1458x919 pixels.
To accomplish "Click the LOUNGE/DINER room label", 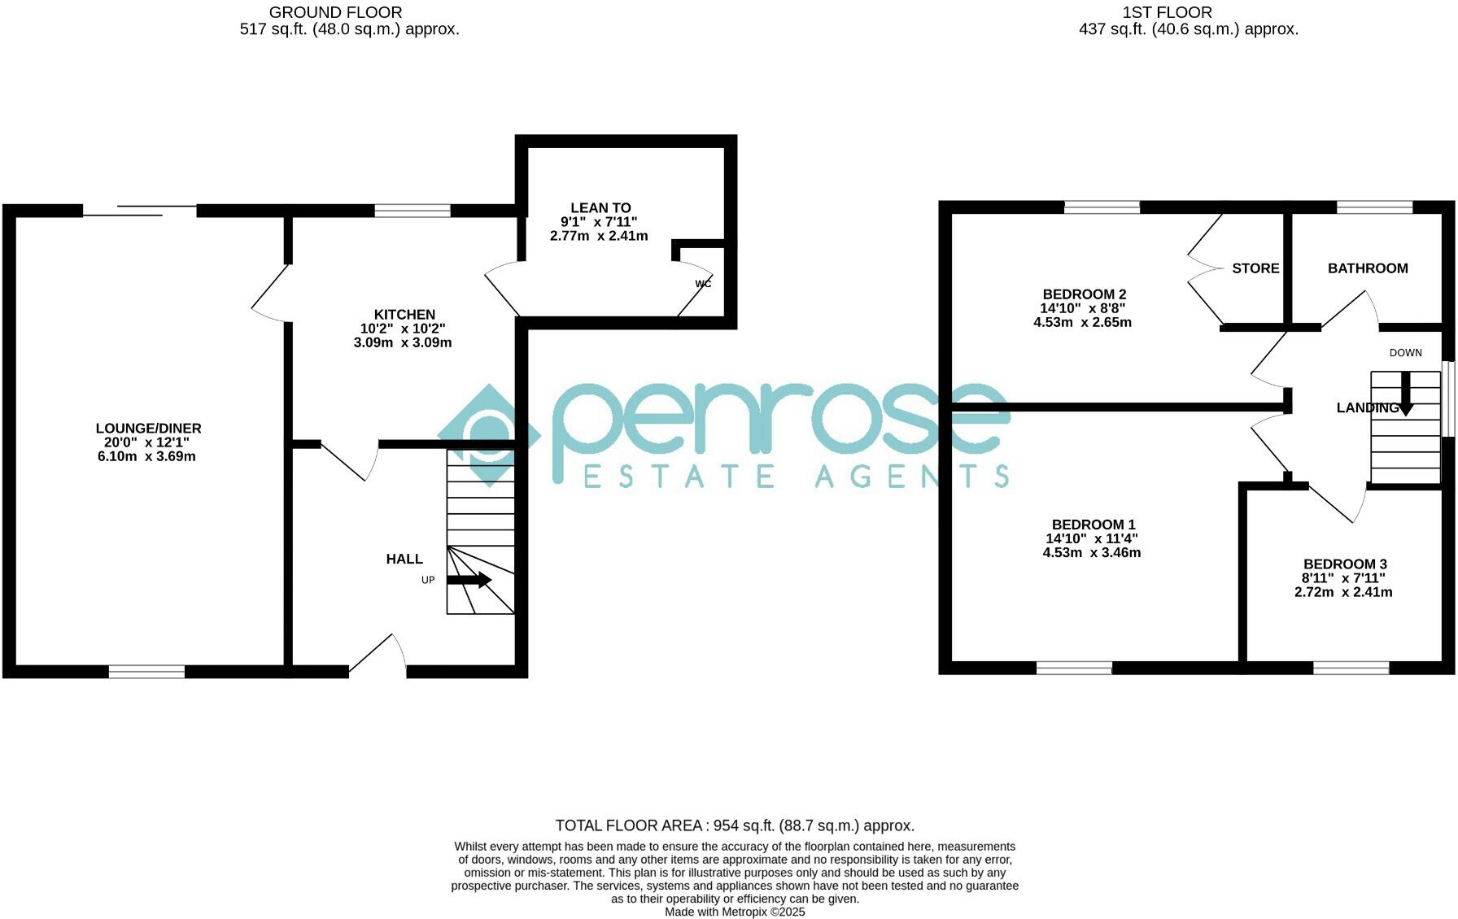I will click(148, 429).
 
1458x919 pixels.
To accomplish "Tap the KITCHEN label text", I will click(404, 315).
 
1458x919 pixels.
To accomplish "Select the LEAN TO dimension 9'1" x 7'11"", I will click(599, 222).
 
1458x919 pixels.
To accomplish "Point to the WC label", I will click(703, 284).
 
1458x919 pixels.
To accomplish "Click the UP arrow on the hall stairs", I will click(469, 580).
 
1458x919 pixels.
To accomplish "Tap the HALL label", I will click(404, 560).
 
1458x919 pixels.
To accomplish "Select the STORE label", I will click(1255, 268).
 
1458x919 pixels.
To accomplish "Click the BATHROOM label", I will click(1367, 268).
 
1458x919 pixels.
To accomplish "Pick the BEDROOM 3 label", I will click(1344, 564).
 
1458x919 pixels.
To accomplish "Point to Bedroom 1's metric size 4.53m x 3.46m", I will click(1091, 553).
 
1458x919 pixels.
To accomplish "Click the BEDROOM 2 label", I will click(1084, 294).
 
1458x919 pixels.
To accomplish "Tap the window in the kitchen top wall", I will click(413, 211).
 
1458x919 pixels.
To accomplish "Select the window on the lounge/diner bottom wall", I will click(146, 671).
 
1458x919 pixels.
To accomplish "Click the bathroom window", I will click(1374, 207).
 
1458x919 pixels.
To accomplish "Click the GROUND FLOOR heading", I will click(335, 12).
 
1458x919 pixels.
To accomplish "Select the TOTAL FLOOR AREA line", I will click(735, 826).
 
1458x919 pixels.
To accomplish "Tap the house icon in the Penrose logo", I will click(488, 434).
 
